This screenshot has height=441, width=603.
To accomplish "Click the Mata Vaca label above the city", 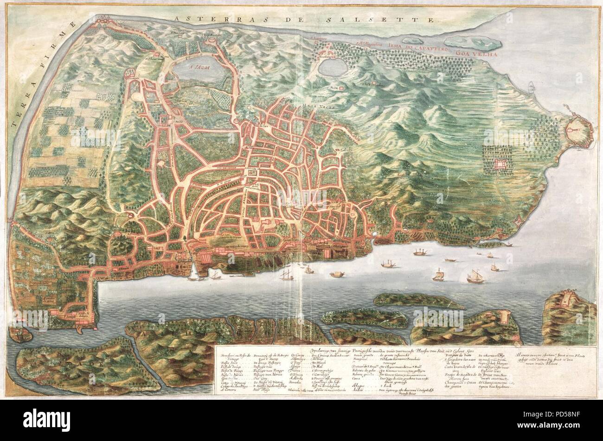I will click(317, 105).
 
